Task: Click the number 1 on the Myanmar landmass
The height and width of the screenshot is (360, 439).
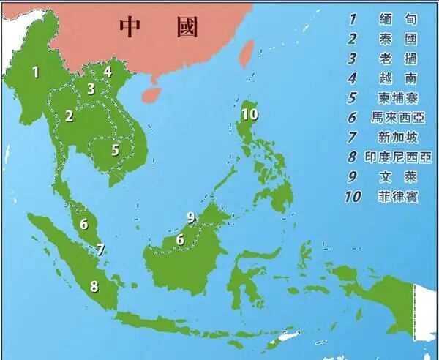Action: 34,72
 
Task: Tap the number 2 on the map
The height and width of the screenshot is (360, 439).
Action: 69,115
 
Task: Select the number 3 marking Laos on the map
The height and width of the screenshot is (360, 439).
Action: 91,89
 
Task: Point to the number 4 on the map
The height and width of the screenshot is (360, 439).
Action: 108,72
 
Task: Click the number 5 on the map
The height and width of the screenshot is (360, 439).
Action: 115,150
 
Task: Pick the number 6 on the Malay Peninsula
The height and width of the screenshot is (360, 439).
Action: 84,224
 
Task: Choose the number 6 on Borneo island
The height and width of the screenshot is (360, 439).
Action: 179,239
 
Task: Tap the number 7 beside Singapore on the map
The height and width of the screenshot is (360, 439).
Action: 101,250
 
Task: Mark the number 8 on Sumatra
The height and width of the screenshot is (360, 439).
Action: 93,286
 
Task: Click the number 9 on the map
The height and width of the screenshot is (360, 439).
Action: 191,217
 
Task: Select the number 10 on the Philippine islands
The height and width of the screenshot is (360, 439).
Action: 249,113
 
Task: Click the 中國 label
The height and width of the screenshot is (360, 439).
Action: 159,27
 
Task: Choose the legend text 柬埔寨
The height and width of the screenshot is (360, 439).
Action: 398,97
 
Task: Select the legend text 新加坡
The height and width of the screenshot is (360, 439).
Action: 398,137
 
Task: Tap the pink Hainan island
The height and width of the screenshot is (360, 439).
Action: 151,94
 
